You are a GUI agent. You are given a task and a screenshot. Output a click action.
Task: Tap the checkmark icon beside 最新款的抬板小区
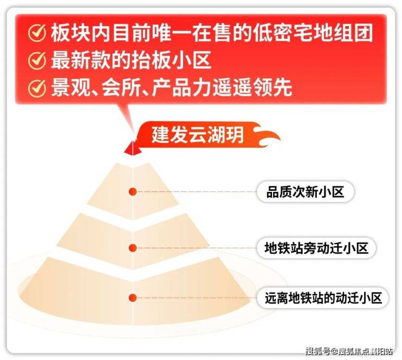pos(37,60)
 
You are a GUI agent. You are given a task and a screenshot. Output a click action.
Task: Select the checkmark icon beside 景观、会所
pos(37,88)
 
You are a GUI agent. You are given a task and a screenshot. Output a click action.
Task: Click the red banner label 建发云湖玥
pos(197,134)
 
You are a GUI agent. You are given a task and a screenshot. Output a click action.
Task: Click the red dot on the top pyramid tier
pos(133,191)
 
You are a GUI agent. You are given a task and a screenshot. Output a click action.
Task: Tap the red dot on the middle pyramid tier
pos(133,247)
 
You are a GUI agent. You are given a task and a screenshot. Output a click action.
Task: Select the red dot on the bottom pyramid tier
pos(133,297)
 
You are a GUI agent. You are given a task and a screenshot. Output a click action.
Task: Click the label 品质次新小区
pos(305,191)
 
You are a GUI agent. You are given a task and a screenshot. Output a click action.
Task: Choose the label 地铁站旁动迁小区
pos(316,248)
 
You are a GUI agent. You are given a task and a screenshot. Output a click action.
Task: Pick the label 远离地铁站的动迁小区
pos(323,298)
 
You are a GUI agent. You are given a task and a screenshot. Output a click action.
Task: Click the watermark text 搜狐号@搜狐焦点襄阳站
pos(349,351)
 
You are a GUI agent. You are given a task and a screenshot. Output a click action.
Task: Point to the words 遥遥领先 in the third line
pos(252,88)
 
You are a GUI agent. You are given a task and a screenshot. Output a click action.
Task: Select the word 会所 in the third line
pos(122,88)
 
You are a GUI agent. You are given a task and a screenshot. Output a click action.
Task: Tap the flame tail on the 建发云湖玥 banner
pos(268,135)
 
